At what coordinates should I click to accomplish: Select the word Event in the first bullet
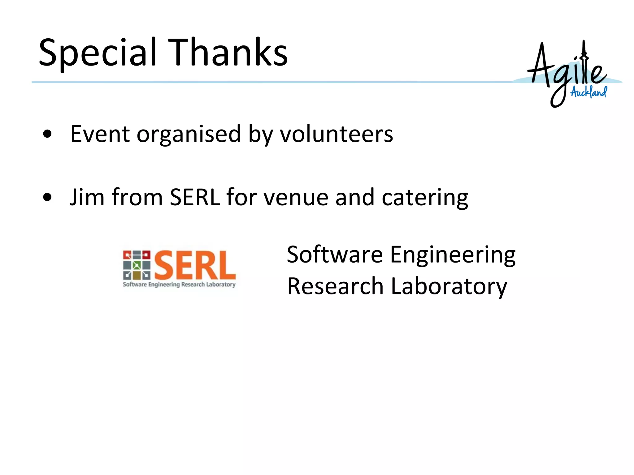pos(100,134)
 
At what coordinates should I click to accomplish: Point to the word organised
pos(189,135)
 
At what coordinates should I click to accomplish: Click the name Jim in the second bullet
pos(87,197)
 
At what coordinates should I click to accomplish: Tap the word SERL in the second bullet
pos(195,197)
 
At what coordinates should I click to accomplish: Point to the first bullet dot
pos(47,134)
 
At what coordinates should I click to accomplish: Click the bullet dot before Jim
pos(47,197)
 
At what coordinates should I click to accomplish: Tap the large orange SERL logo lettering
pos(195,265)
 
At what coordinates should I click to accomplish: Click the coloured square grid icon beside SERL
pos(137,265)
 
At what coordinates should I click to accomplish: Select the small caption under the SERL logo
pos(179,285)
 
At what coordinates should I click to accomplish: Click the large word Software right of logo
pos(335,255)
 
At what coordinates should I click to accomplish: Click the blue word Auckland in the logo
pos(588,92)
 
